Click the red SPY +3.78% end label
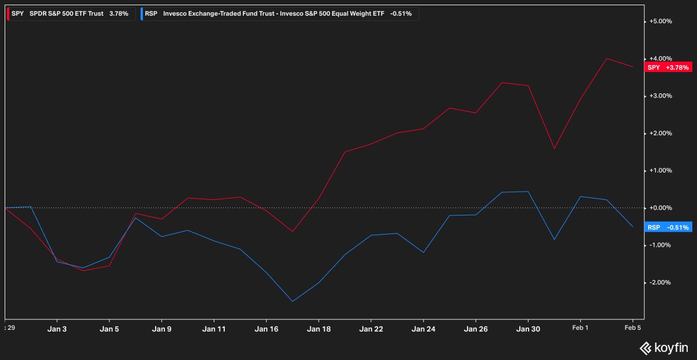pos(668,67)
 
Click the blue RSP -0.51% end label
pos(668,228)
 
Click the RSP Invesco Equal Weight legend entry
pos(279,13)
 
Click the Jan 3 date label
pos(57,329)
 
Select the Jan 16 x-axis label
pos(266,329)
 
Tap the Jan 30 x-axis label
pos(527,329)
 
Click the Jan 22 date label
pos(371,329)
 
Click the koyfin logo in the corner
pos(664,348)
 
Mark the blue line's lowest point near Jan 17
pos(292,301)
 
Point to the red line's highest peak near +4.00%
pos(606,58)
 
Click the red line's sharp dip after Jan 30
pos(554,149)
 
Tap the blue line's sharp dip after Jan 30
pos(554,239)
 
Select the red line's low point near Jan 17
pos(292,232)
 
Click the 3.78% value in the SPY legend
pos(118,13)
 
